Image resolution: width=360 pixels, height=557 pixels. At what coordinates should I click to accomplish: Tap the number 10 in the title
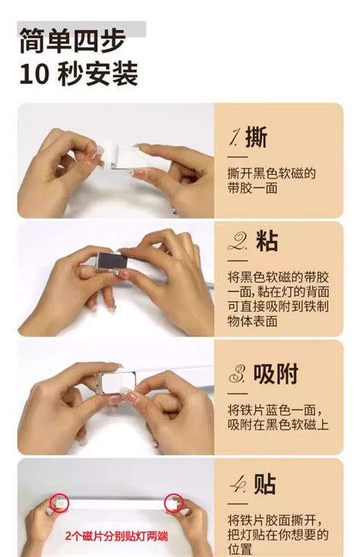(36, 74)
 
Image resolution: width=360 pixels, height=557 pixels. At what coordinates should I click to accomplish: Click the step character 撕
(257, 137)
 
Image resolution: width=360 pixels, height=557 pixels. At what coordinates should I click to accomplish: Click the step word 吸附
(276, 374)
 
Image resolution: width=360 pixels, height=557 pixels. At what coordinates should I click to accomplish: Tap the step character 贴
(265, 485)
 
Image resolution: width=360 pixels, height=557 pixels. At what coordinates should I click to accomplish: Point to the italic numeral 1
(235, 138)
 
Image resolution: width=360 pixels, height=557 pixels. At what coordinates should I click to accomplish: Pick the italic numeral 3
(238, 375)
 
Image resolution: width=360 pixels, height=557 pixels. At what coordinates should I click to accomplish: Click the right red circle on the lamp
(174, 504)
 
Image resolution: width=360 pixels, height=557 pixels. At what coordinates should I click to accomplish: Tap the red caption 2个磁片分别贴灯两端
(116, 536)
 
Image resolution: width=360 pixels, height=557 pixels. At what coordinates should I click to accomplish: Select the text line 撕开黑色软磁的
(271, 173)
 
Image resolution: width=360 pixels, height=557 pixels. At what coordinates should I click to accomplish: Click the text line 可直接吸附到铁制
(277, 307)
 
